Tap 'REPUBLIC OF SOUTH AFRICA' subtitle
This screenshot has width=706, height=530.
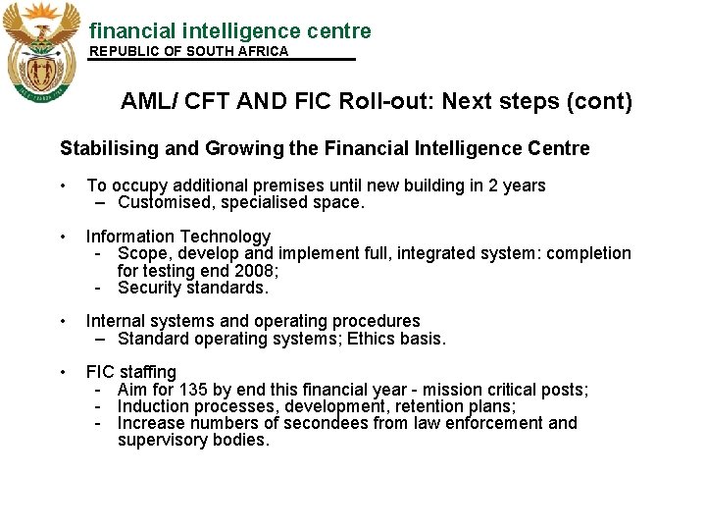tap(189, 52)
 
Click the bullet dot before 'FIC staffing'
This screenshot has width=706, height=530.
tap(63, 372)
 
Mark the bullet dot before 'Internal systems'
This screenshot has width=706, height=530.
tap(63, 321)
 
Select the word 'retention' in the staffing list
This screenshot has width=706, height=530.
tap(437, 406)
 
